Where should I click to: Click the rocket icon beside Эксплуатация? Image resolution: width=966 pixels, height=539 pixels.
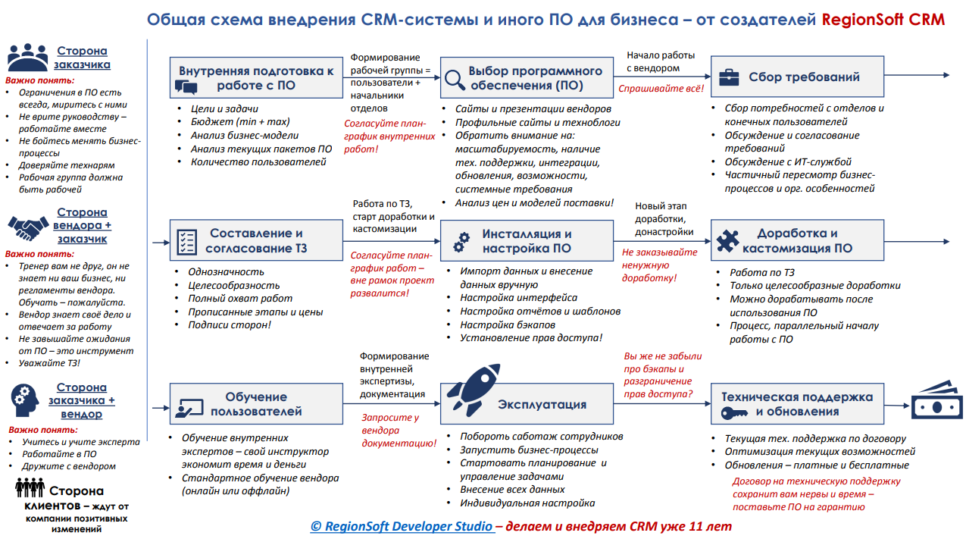(x=473, y=390)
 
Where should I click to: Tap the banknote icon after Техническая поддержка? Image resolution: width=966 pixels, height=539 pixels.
(x=937, y=401)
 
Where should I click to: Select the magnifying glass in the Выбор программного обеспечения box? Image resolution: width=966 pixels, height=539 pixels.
(x=455, y=80)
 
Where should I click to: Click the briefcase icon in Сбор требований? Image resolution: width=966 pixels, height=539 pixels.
(x=730, y=77)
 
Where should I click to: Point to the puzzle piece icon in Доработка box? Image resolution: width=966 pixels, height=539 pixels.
(x=727, y=240)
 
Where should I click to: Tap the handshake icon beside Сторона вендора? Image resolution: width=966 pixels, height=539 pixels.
(x=28, y=228)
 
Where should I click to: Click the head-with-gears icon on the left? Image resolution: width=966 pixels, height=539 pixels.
(x=24, y=400)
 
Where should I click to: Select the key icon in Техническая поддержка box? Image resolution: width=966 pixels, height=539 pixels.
(x=734, y=413)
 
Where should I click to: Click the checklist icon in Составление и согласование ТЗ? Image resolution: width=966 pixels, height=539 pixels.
(x=186, y=242)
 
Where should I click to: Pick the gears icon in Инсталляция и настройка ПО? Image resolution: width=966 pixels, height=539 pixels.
(x=461, y=242)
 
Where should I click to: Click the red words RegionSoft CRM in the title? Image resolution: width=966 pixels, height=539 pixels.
(x=883, y=20)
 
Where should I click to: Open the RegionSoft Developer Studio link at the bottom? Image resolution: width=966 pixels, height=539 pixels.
(x=402, y=526)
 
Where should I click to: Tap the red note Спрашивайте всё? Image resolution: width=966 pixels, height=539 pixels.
(x=661, y=89)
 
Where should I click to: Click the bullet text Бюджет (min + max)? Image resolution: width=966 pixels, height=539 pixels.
(x=240, y=122)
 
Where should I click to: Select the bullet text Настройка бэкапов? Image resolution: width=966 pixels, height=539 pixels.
(x=508, y=324)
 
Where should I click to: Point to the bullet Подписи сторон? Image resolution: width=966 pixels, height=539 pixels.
(x=230, y=325)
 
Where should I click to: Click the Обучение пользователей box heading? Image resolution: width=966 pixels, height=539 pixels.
(x=256, y=404)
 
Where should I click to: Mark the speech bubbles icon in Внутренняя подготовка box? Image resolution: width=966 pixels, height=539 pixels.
(x=186, y=86)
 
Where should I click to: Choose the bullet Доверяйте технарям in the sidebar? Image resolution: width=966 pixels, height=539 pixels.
(x=67, y=165)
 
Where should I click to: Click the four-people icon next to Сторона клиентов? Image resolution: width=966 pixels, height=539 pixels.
(x=30, y=487)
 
